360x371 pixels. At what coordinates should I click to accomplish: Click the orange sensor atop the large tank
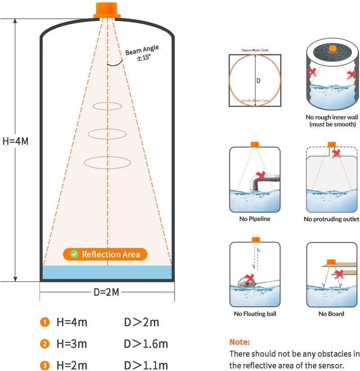point(107,10)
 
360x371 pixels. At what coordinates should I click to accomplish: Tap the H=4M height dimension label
point(16,141)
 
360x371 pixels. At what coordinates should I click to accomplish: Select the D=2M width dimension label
point(107,292)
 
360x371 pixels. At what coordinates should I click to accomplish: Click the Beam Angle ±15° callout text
point(142,53)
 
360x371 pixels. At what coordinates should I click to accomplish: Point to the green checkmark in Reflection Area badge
point(74,254)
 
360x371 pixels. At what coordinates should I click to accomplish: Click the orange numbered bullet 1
point(45,322)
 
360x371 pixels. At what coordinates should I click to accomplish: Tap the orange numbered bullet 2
point(45,344)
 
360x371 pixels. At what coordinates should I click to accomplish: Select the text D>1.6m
point(146,344)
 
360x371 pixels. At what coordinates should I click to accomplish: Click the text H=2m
point(72,365)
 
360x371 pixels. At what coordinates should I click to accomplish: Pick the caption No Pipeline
point(255,219)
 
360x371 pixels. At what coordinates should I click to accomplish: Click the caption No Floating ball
point(255,314)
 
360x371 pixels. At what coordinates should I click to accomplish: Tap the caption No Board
point(331,314)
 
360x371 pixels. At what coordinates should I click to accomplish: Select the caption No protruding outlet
point(331,219)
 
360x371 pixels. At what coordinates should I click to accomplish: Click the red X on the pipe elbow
point(261,176)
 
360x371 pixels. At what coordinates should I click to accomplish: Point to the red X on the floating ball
point(249,279)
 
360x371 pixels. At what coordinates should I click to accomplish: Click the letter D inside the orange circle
point(258,81)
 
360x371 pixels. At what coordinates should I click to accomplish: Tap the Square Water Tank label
point(255,50)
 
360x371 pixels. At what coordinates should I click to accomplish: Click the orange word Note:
point(239,342)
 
